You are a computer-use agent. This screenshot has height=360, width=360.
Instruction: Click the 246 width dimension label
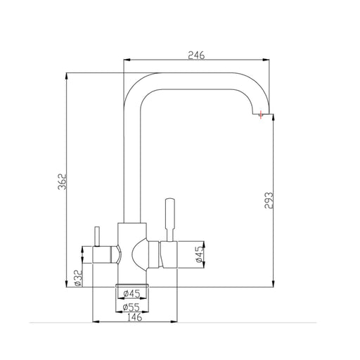click(196, 55)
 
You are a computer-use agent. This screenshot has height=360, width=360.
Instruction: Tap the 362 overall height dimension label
click(63, 181)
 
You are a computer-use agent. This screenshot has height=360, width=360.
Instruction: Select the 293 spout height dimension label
click(269, 200)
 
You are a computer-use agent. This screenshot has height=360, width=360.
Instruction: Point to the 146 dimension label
click(135, 317)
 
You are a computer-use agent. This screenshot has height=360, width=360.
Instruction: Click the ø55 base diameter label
click(131, 307)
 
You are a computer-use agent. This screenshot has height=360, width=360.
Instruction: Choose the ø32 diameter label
click(78, 278)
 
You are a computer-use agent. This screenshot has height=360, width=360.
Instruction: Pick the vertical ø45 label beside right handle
click(200, 254)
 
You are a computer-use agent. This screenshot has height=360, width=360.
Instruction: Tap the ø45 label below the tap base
click(131, 294)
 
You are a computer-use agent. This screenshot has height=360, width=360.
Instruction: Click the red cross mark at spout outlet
click(261, 115)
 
